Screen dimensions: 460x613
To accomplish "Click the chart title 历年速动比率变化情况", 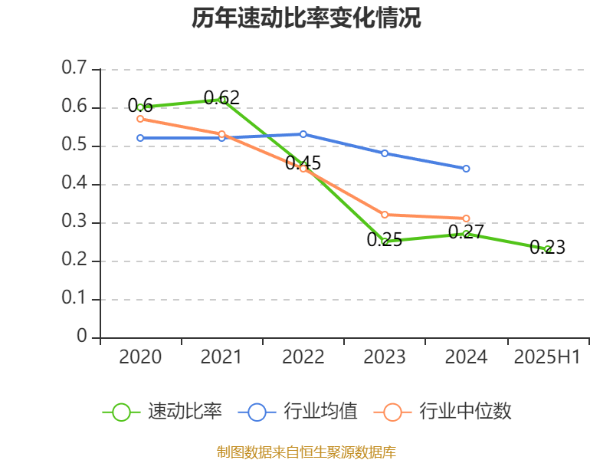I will coord(306,18).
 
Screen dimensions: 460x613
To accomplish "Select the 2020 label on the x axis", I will coord(140,356).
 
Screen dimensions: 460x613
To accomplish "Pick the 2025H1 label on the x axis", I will coord(547,356).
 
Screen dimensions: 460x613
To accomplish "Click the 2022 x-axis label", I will coord(303,356).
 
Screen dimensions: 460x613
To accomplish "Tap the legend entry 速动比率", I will coord(185,412).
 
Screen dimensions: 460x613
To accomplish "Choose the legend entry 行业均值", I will coord(320,412).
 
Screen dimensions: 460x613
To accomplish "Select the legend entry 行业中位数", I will coord(464,412).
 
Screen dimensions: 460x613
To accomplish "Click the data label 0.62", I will coord(221,97).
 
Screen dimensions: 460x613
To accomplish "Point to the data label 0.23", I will coord(547,247).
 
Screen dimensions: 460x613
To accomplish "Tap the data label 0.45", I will coord(303,163).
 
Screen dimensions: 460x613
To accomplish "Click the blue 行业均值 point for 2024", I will coord(466,169).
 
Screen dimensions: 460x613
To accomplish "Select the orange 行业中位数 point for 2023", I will coord(385,215).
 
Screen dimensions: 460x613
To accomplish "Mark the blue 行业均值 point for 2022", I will coord(303,134).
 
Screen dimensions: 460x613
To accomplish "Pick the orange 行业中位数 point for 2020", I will coord(140,119).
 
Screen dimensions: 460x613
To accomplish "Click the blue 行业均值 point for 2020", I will coord(140,138).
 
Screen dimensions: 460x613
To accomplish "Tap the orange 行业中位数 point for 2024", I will coord(466,219).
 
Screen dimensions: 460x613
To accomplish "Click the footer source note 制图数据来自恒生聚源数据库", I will coord(306,452).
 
